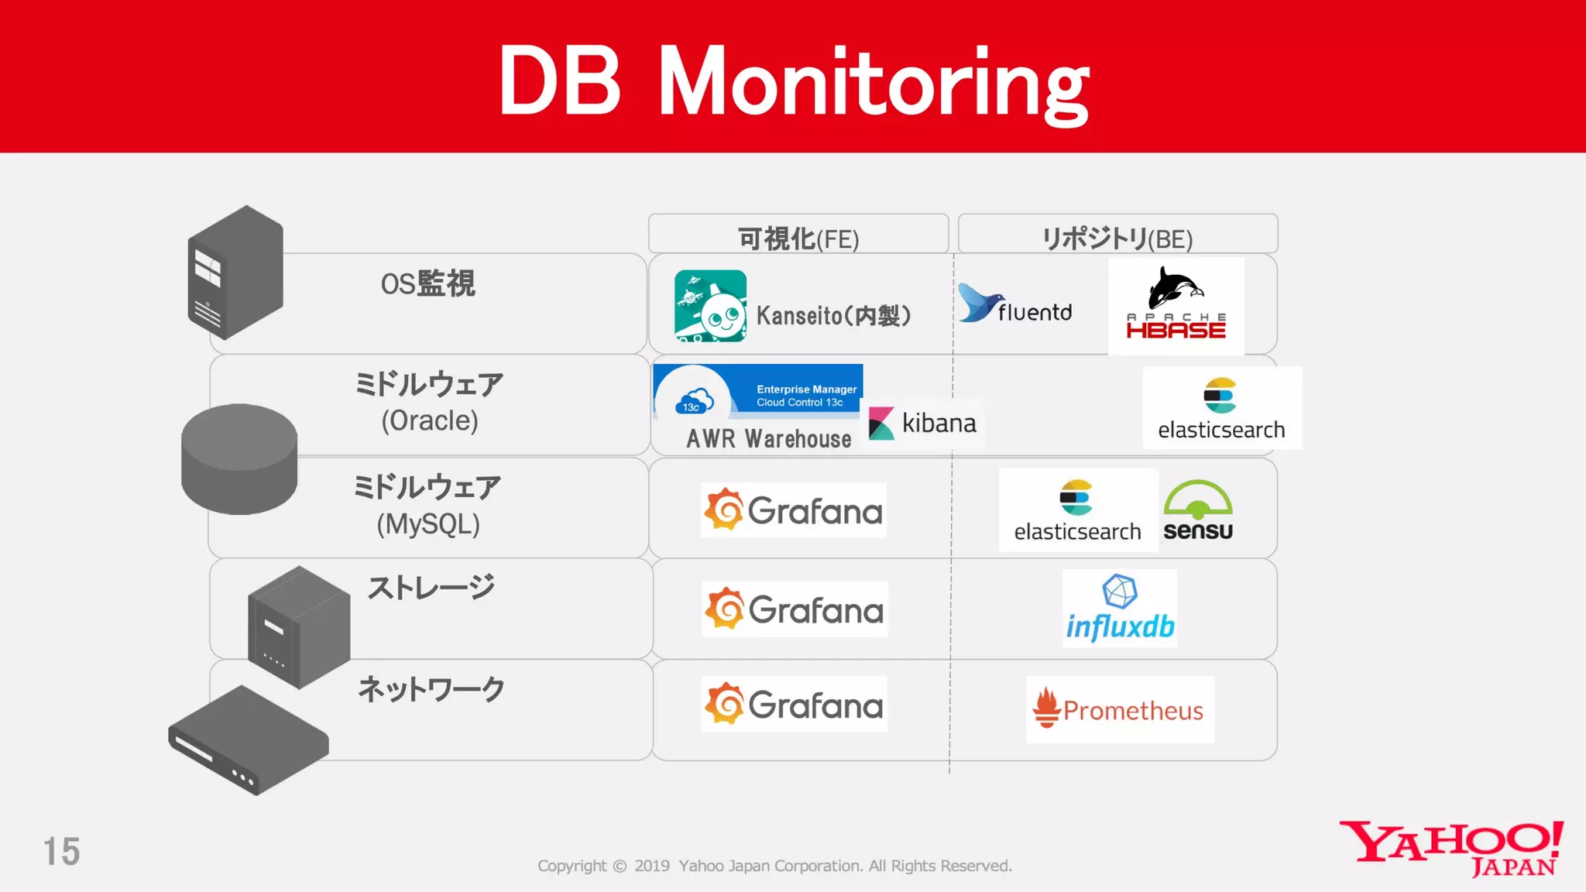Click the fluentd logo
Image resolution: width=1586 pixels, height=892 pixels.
tap(1015, 305)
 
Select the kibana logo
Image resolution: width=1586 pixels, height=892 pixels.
tap(923, 424)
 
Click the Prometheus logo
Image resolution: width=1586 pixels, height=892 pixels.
tap(1119, 709)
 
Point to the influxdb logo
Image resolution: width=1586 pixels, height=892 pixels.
tap(1120, 609)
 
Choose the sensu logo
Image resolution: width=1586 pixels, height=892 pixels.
tap(1197, 510)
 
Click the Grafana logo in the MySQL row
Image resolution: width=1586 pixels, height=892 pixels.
tap(794, 510)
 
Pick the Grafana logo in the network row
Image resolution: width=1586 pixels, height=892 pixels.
tap(794, 705)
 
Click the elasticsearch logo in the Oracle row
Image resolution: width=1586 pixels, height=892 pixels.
tap(1221, 408)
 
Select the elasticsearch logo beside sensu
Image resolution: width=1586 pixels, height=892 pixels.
tap(1077, 510)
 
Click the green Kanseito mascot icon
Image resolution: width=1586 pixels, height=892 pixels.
tap(710, 306)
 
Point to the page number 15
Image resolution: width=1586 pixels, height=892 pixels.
tap(61, 852)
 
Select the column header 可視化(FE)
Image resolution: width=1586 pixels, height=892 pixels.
tap(798, 238)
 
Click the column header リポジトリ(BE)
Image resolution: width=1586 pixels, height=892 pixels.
tap(1117, 238)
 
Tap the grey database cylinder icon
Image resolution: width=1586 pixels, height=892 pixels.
tap(239, 458)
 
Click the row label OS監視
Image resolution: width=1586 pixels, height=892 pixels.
tap(427, 283)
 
